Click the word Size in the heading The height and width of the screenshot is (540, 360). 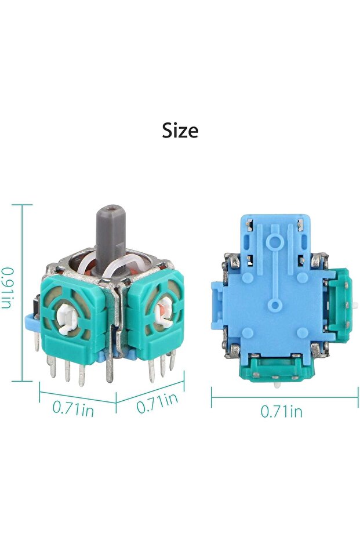(180, 131)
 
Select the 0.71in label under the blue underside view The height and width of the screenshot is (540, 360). (281, 411)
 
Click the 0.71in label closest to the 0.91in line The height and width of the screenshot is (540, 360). (73, 408)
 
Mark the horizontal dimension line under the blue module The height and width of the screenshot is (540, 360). (284, 397)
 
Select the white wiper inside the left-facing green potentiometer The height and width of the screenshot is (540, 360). (68, 317)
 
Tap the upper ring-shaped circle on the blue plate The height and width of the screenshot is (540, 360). (276, 240)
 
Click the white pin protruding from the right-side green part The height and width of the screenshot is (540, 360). (355, 305)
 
